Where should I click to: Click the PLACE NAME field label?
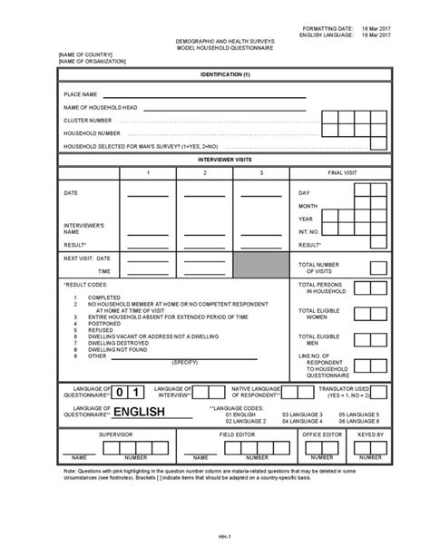click(80, 94)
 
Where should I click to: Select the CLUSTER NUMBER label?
click(87, 119)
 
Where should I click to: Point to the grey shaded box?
click(261, 264)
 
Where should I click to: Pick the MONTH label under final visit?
click(308, 206)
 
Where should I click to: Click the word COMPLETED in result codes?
click(103, 298)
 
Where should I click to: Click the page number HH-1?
click(214, 535)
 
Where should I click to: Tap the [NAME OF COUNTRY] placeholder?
click(85, 53)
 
